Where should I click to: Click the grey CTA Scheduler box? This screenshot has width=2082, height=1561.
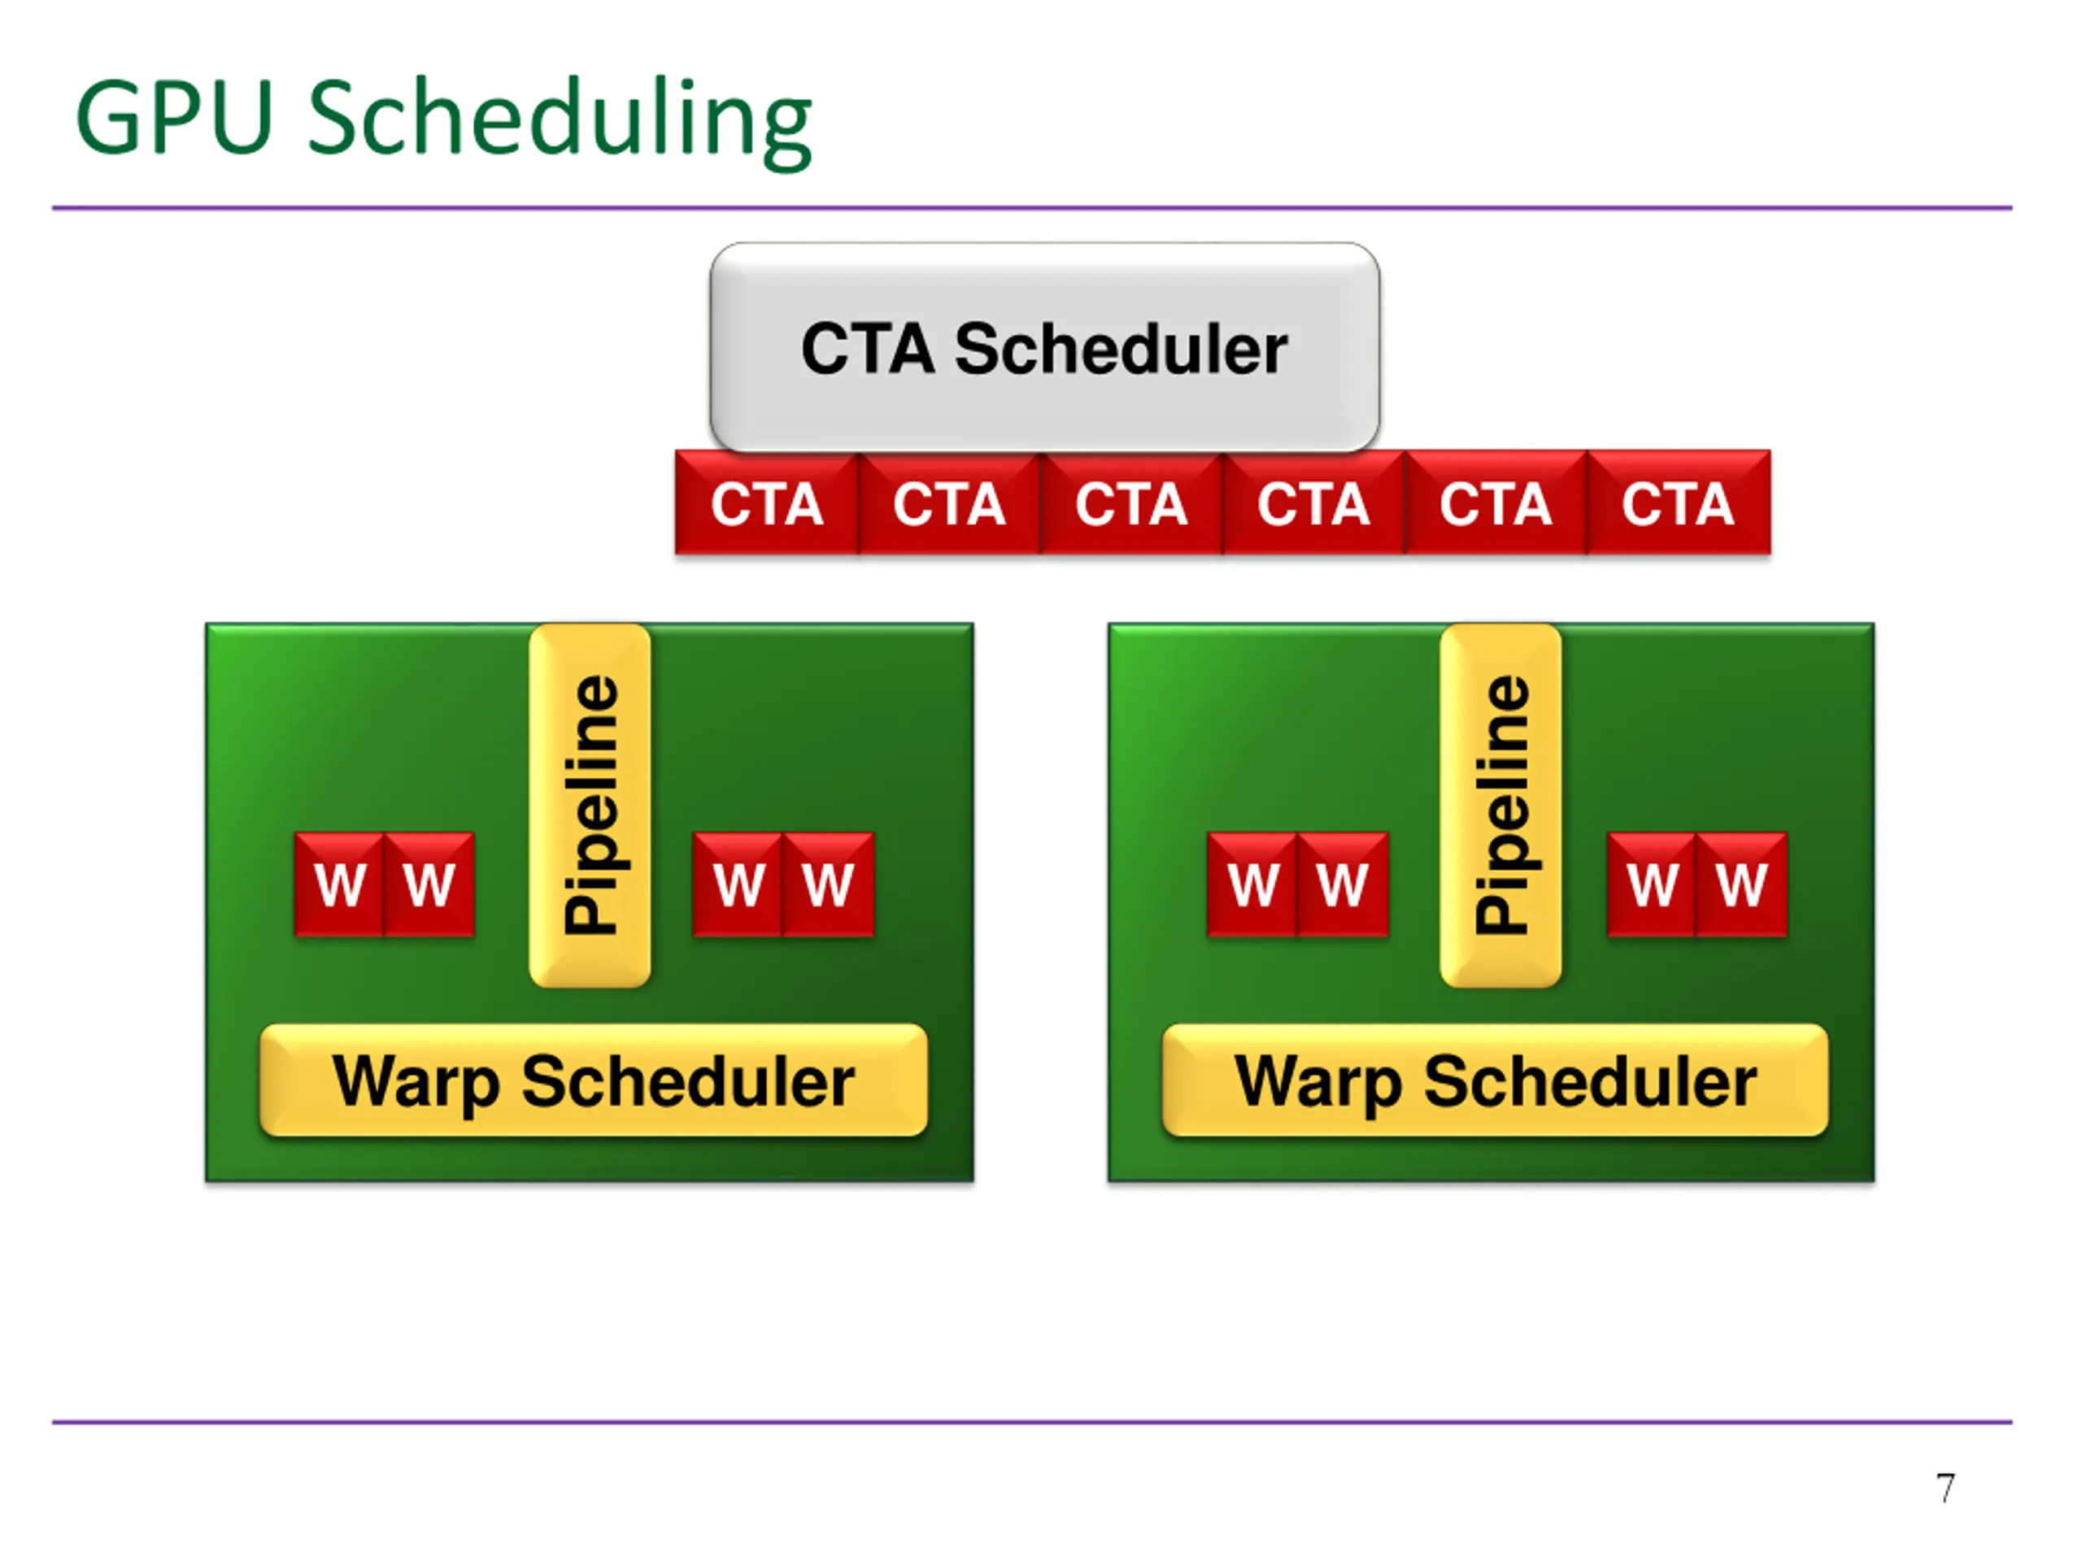pyautogui.click(x=1045, y=347)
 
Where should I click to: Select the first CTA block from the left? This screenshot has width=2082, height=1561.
pyautogui.click(x=767, y=502)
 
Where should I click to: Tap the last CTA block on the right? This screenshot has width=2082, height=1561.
pyautogui.click(x=1679, y=502)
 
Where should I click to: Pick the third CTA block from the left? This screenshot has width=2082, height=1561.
pyautogui.click(x=1132, y=502)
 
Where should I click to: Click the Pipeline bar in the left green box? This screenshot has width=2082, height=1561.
pyautogui.click(x=590, y=806)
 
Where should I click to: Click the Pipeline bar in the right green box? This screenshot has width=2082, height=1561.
pyautogui.click(x=1501, y=806)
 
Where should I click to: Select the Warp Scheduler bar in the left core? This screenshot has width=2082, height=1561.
pyautogui.click(x=594, y=1081)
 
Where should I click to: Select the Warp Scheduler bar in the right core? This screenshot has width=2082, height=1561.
pyautogui.click(x=1496, y=1081)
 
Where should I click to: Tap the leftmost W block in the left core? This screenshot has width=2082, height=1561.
pyautogui.click(x=340, y=885)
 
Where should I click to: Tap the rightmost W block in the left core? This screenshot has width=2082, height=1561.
pyautogui.click(x=828, y=885)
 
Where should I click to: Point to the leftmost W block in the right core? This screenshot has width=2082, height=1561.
pyautogui.click(x=1252, y=885)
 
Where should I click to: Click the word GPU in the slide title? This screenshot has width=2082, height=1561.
pyautogui.click(x=175, y=118)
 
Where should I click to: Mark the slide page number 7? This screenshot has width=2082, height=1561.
pyautogui.click(x=1945, y=1489)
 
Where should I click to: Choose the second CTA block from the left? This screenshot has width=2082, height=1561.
pyautogui.click(x=950, y=502)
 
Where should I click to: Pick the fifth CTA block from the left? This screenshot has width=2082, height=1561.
pyautogui.click(x=1496, y=502)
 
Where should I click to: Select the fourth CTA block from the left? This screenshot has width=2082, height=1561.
pyautogui.click(x=1314, y=502)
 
